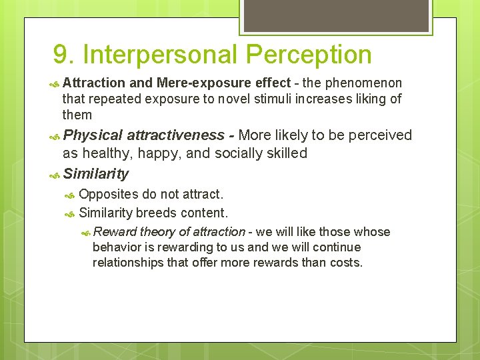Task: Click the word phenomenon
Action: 364,83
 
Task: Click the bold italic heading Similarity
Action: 95,174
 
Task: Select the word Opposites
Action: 108,195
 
